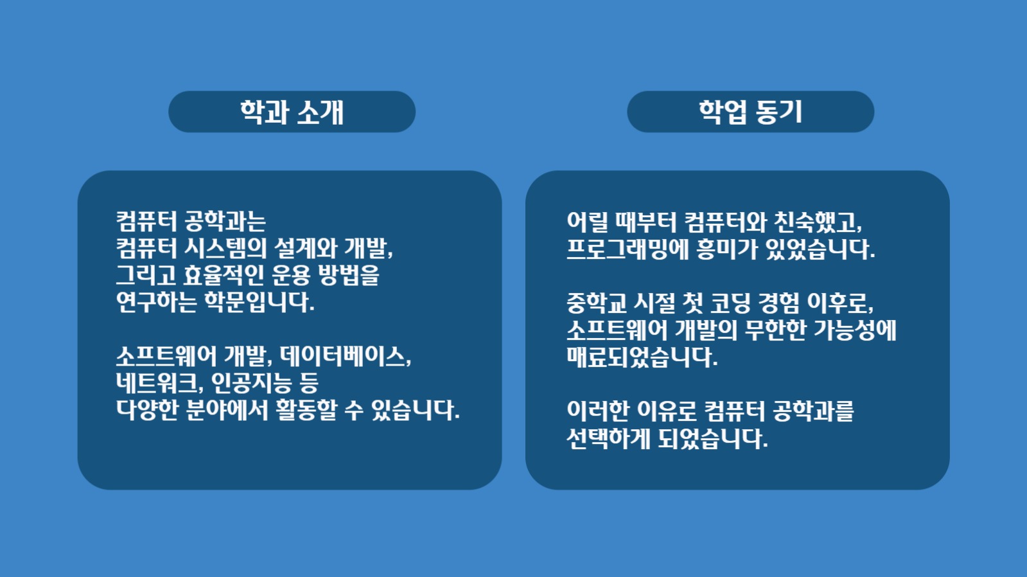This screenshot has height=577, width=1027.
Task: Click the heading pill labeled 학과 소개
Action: tap(292, 112)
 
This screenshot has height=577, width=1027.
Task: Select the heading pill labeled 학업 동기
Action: tap(750, 112)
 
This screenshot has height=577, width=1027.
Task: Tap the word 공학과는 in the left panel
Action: tap(225, 222)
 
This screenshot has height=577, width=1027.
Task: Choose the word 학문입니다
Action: tap(259, 302)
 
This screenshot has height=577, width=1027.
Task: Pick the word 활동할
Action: tap(306, 410)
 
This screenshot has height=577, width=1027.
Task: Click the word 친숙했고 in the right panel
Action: tap(818, 222)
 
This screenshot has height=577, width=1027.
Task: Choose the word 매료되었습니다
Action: tap(642, 357)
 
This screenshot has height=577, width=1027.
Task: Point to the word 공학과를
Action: tap(813, 411)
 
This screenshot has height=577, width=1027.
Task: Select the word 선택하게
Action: tap(608, 439)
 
